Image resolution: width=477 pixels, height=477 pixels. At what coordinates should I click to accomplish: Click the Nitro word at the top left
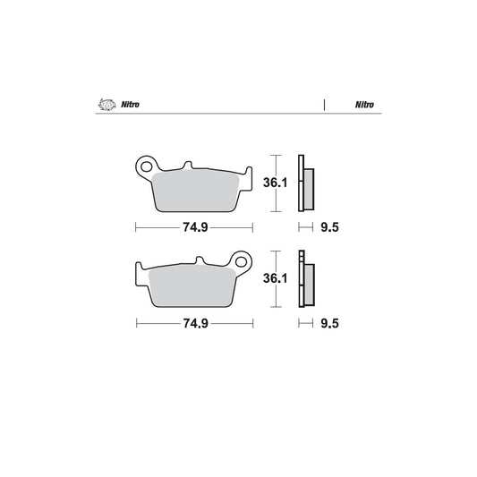pyautogui.click(x=130, y=105)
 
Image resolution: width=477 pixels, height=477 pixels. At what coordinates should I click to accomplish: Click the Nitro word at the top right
pyautogui.click(x=363, y=105)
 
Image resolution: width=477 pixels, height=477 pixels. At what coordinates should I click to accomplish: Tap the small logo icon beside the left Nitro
pyautogui.click(x=106, y=105)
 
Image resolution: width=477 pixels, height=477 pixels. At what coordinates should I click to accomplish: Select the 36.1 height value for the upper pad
pyautogui.click(x=275, y=183)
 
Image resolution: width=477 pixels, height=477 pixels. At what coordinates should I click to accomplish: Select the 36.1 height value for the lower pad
pyautogui.click(x=275, y=278)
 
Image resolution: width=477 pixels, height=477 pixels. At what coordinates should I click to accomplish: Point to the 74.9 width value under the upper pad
pyautogui.click(x=195, y=227)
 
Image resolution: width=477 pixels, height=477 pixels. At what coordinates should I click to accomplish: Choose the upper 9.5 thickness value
pyautogui.click(x=329, y=227)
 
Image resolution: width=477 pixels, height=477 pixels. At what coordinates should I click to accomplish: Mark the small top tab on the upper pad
pyautogui.click(x=188, y=166)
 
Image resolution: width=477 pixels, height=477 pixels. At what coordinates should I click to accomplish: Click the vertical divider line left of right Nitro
pyautogui.click(x=323, y=105)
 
